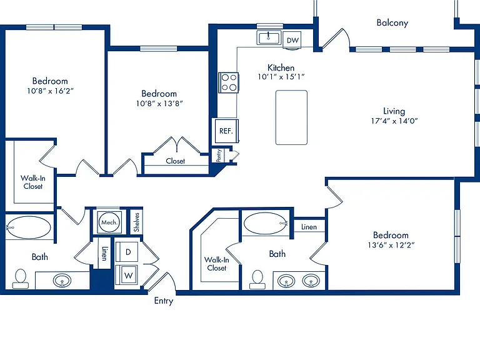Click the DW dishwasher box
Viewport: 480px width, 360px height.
(x=292, y=40)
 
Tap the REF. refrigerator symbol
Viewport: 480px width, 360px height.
(x=226, y=131)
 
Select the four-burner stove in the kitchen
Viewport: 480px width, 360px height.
(x=229, y=82)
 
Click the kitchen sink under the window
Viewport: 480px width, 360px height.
(x=269, y=38)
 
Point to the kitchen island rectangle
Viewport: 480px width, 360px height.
(x=291, y=117)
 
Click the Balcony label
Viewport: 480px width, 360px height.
(x=392, y=23)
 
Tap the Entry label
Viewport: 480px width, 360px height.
(x=164, y=301)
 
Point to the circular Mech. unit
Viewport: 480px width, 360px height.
(x=109, y=222)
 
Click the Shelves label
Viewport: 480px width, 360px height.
(x=136, y=222)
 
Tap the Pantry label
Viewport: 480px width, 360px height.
(x=219, y=156)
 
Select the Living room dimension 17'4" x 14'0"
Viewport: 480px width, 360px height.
(x=394, y=121)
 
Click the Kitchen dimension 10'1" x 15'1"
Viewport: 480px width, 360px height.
(x=281, y=76)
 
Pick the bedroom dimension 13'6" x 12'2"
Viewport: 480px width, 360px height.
(x=391, y=245)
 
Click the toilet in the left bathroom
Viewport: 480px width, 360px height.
(x=21, y=279)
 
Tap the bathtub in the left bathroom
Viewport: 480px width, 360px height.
(x=28, y=227)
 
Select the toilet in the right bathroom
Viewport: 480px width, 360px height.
(x=257, y=279)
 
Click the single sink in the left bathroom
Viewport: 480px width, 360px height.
(x=62, y=281)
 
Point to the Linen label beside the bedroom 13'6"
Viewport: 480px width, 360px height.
(x=309, y=227)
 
